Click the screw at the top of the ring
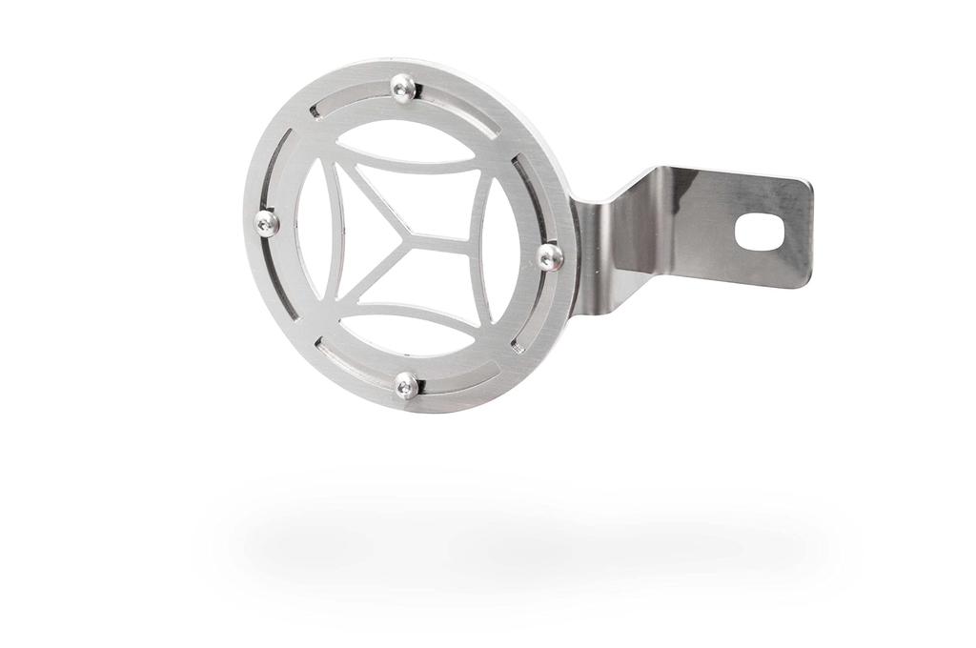[x=403, y=88]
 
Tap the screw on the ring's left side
[x=267, y=223]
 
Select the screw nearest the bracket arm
[x=550, y=256]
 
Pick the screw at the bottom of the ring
[x=406, y=385]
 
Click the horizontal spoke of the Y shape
[x=443, y=236]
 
